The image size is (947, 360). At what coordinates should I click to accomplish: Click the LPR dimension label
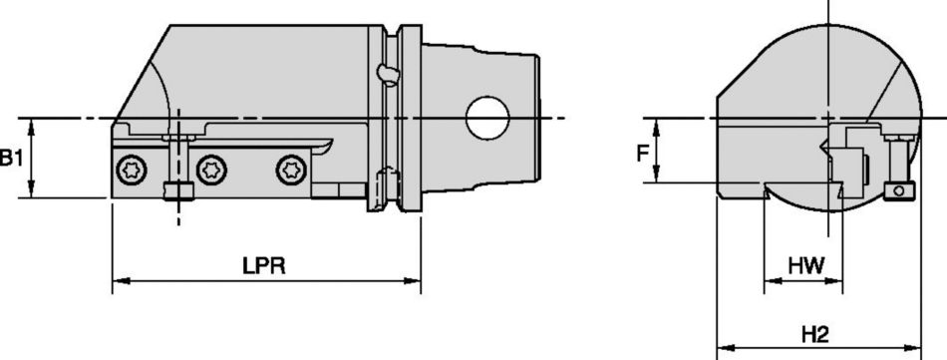tap(264, 266)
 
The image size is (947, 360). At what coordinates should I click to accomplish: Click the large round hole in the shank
tap(487, 119)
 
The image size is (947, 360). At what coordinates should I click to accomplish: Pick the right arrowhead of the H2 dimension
tap(916, 348)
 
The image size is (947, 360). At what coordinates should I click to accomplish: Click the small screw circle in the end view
tap(900, 190)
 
